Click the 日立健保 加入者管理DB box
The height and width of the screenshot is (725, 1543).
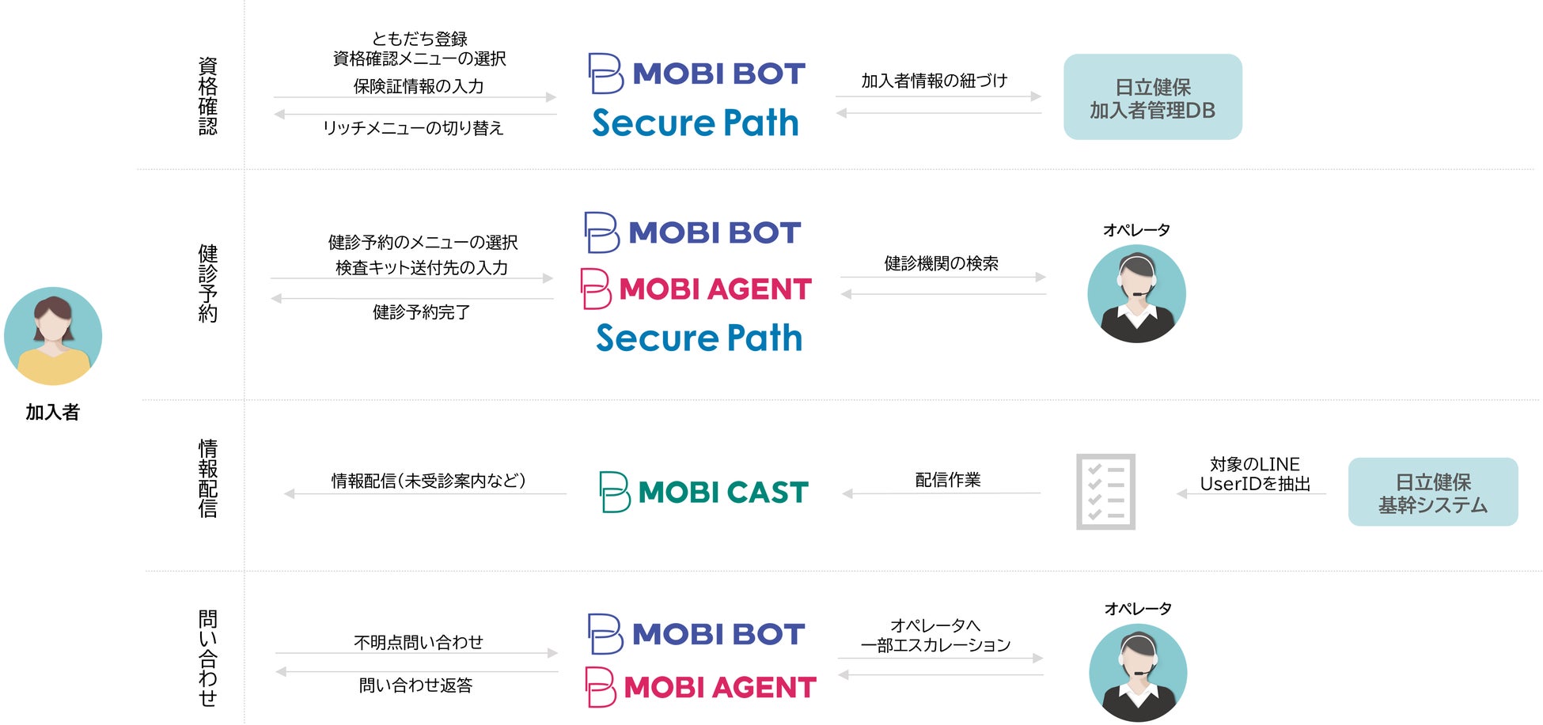[x=1152, y=97]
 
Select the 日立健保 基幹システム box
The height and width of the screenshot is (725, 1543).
[x=1432, y=493]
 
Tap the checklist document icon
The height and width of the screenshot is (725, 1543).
[x=1105, y=492]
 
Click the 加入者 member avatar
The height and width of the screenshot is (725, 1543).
[x=53, y=336]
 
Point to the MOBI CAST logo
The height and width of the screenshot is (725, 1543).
[x=703, y=492]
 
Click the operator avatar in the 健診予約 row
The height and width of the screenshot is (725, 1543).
[x=1136, y=293]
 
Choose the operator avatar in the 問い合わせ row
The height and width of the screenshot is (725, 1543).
[x=1138, y=672]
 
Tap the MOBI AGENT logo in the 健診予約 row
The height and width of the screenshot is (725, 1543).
[x=696, y=289]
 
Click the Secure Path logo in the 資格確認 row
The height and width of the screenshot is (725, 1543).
[x=696, y=123]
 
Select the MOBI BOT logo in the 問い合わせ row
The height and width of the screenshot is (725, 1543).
[x=696, y=633]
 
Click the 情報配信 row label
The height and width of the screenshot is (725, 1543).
[x=207, y=478]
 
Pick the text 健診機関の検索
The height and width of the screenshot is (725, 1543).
[x=941, y=263]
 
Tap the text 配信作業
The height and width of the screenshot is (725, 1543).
[x=947, y=480]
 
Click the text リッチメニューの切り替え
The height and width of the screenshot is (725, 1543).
[x=413, y=128]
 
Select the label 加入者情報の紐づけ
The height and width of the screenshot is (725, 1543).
[x=934, y=81]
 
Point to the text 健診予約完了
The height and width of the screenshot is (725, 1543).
[x=421, y=312]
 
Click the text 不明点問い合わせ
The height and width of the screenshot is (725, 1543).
[x=418, y=642]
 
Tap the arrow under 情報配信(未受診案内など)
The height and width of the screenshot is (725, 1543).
[x=425, y=494]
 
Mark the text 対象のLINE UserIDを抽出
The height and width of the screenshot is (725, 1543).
[x=1255, y=474]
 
